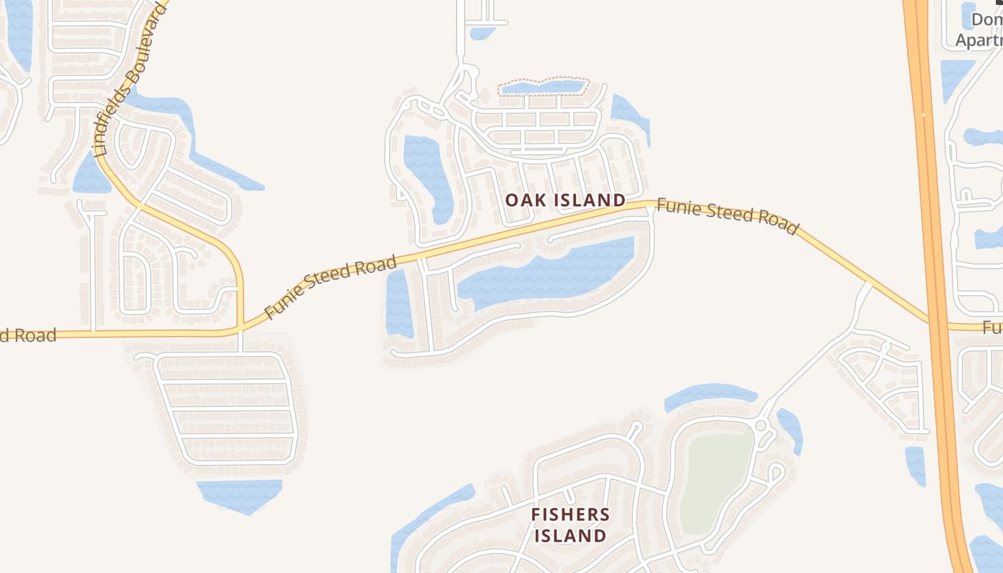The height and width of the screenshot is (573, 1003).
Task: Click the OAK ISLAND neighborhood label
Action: pos(565,200)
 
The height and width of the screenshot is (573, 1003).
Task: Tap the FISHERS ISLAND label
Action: pos(570,524)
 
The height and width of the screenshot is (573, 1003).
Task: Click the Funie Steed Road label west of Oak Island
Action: pos(330,286)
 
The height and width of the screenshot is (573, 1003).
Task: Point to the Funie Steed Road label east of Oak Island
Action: pos(727,216)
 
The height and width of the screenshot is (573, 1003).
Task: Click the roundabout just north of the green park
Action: pos(761,427)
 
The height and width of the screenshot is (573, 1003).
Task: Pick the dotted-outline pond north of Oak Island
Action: pos(543,87)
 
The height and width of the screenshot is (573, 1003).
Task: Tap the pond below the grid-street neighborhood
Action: pos(239,495)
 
